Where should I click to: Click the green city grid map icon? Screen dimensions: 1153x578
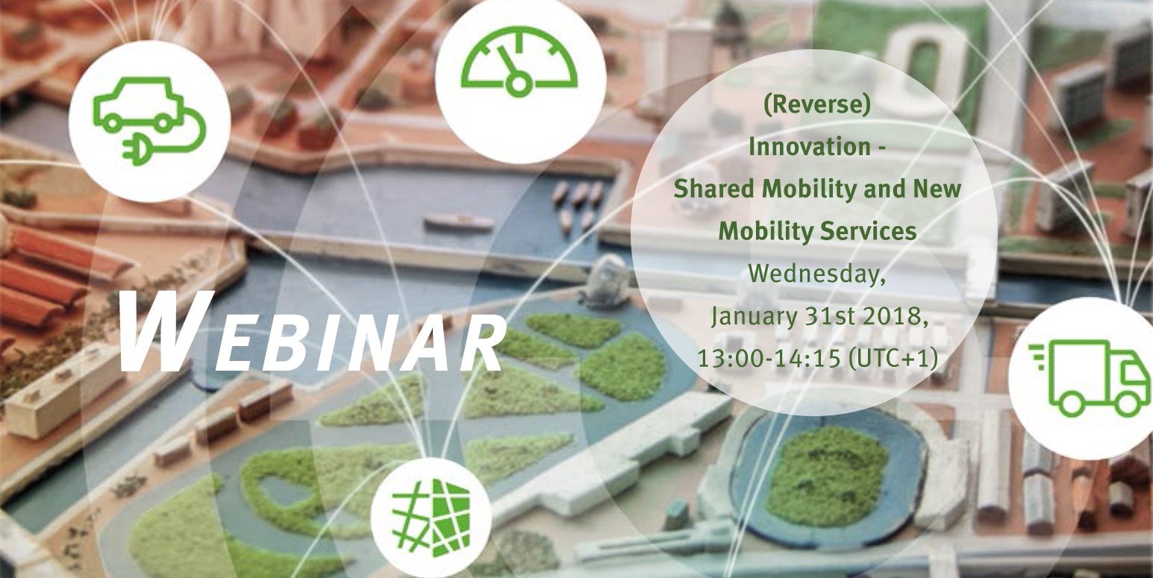(x=431, y=518)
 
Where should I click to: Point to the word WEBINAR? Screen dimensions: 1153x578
(x=311, y=331)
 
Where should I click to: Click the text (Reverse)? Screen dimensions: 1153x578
(x=817, y=105)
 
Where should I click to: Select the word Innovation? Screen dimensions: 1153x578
(x=810, y=147)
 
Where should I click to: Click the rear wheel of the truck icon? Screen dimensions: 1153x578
(x=1073, y=403)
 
